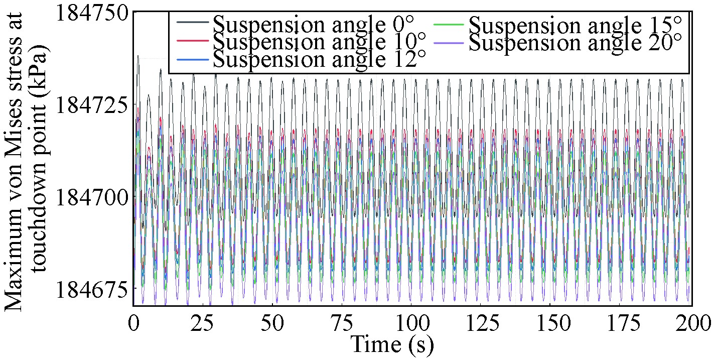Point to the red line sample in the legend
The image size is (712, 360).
pyautogui.click(x=192, y=40)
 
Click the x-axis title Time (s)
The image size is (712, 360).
pyautogui.click(x=391, y=344)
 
